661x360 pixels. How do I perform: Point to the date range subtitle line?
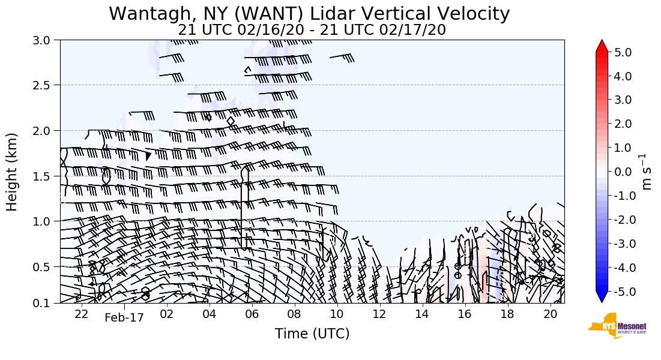312,29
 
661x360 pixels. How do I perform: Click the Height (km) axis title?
12,172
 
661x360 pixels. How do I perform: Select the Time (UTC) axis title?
312,334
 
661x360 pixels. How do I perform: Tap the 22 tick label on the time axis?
82,314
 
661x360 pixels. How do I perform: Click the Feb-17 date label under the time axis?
124,318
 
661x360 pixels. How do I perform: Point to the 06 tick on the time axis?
252,314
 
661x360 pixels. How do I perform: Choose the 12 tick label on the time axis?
379,314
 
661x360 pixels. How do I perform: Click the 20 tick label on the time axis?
549,314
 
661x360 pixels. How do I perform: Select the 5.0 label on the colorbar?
623,52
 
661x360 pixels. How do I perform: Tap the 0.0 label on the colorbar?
623,172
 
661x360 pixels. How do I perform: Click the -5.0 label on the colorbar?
621,292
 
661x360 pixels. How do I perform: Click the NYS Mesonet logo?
613,326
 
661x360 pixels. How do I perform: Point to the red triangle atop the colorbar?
602,46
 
